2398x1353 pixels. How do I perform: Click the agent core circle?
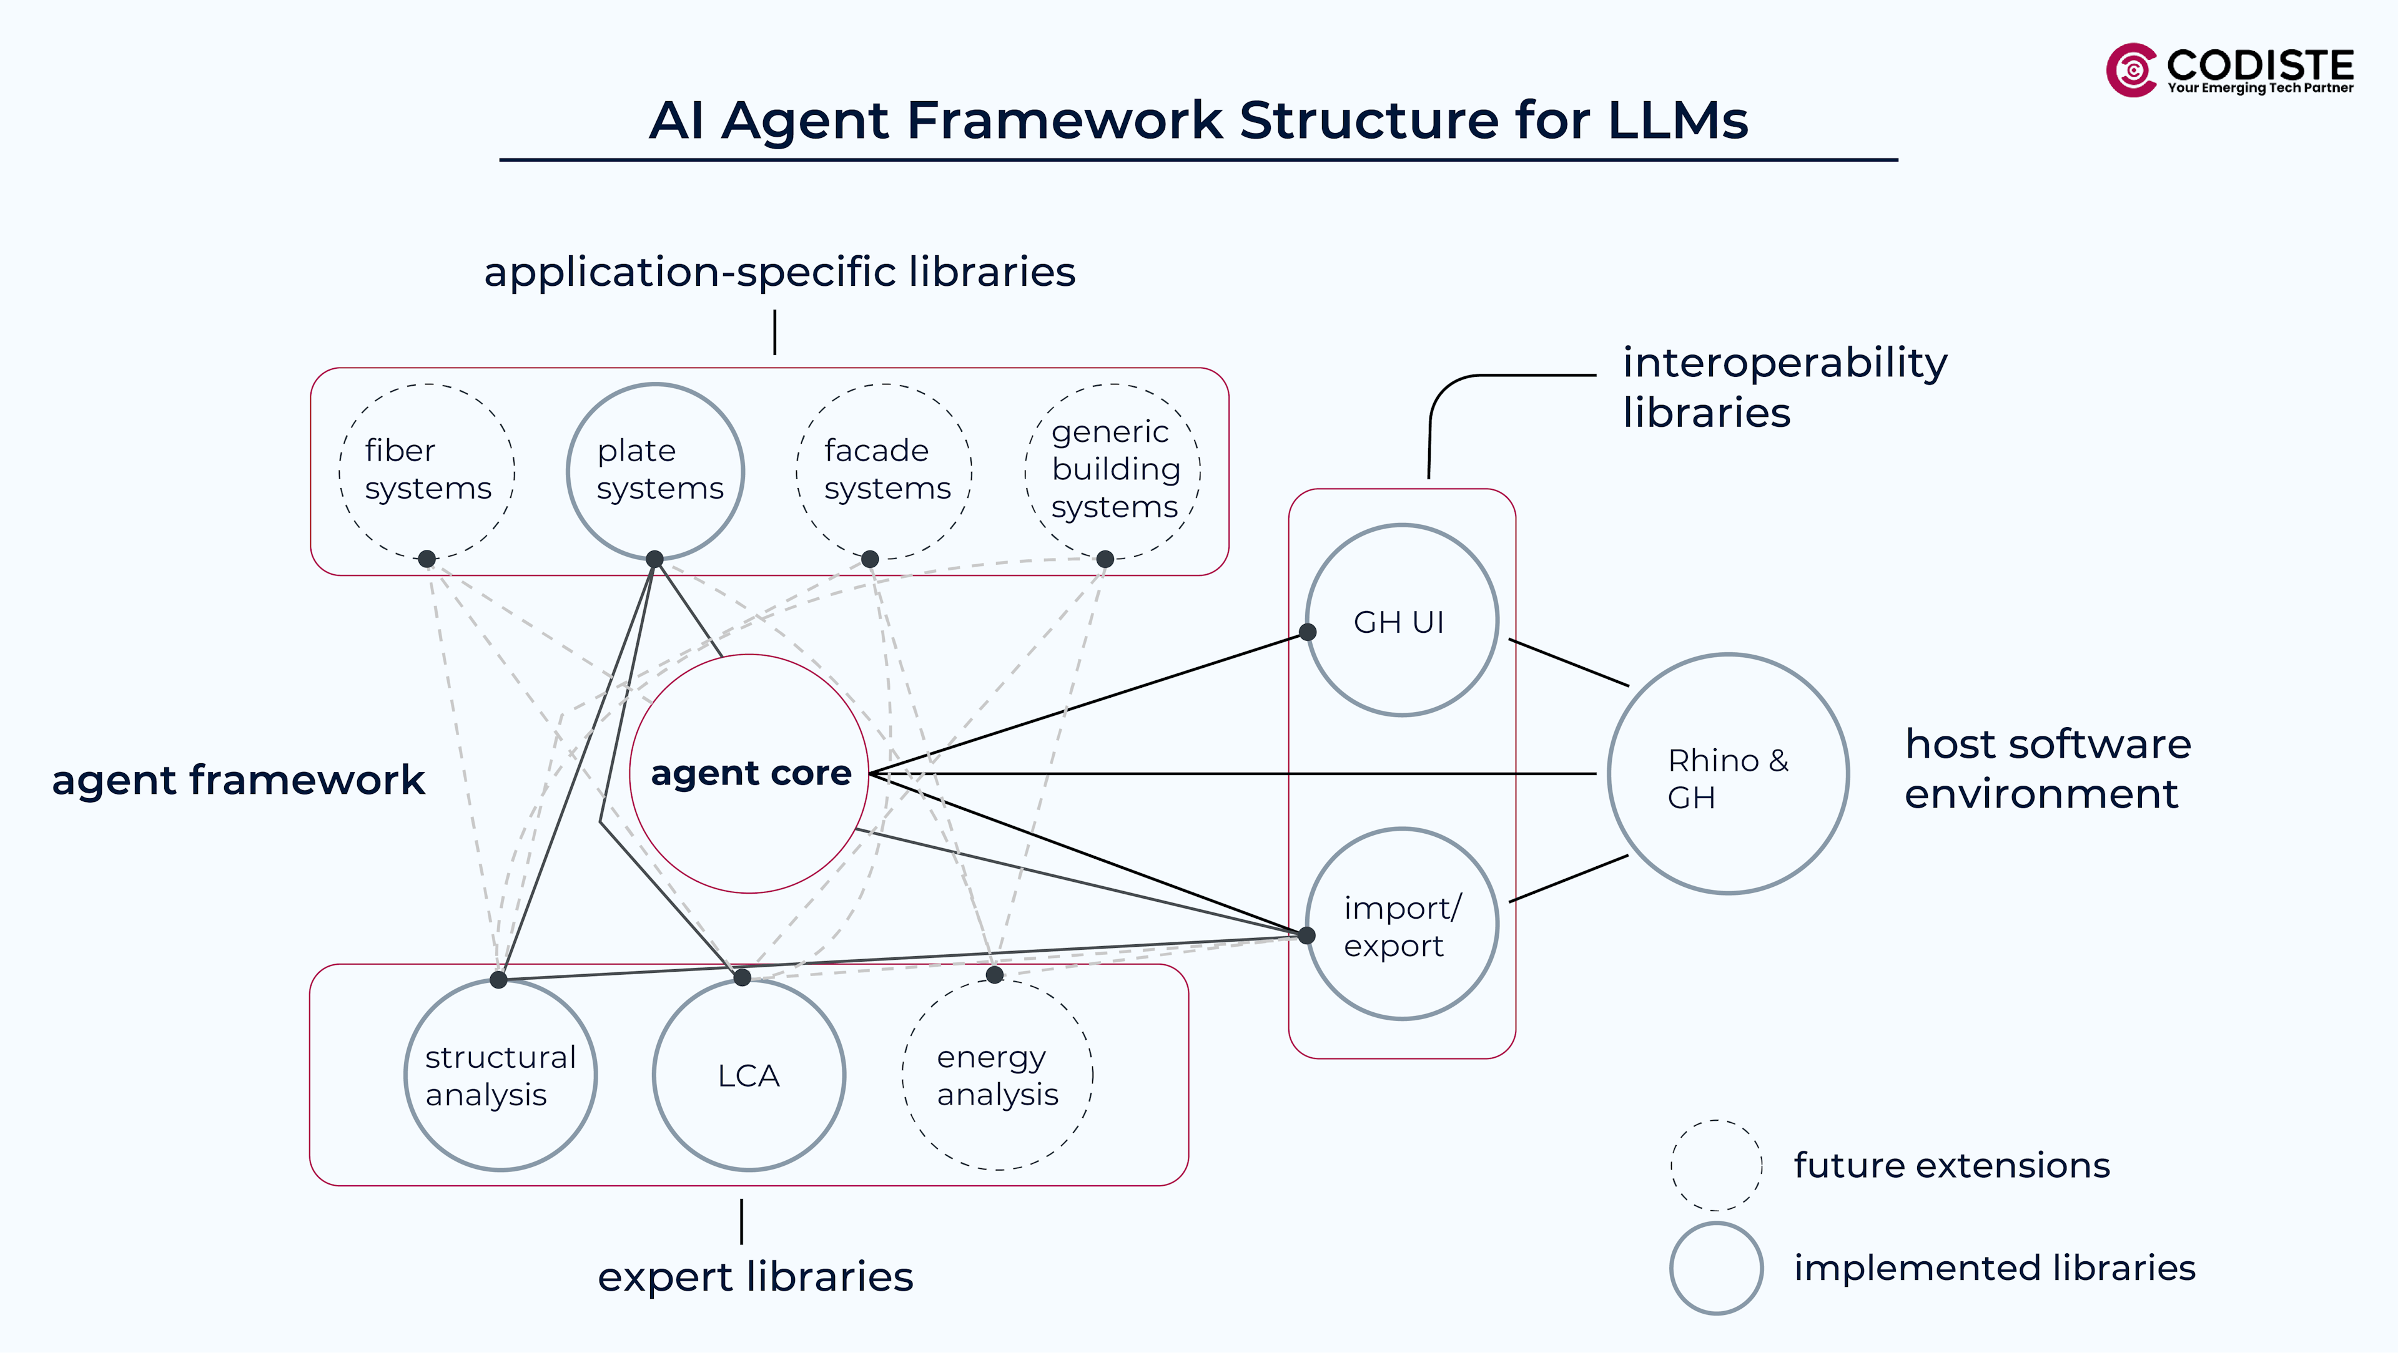click(x=749, y=773)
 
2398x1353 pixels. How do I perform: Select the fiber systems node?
click(x=427, y=470)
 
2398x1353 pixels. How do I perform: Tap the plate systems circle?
click(x=655, y=470)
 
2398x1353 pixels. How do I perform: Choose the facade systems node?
click(x=884, y=470)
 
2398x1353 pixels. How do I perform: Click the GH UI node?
click(x=1402, y=621)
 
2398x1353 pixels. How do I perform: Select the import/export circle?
click(x=1402, y=924)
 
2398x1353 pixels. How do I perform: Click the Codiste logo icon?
click(x=2132, y=70)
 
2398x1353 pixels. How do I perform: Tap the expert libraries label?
click(x=755, y=1277)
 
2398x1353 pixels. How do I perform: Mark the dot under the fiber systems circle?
click(x=427, y=559)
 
